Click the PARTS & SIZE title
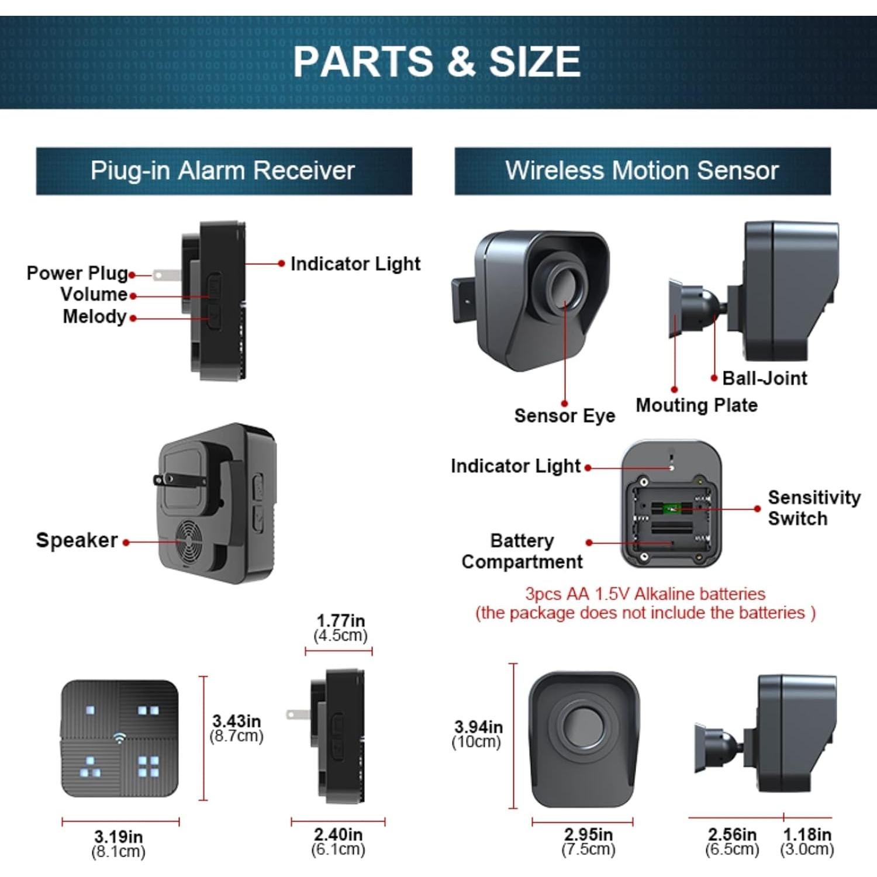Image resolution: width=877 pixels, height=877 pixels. point(437,61)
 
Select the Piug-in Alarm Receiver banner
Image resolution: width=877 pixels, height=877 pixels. point(223,171)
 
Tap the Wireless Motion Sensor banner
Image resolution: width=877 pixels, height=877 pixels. point(642,171)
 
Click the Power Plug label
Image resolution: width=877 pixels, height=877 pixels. point(77,273)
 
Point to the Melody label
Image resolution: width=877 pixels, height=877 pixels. point(95,317)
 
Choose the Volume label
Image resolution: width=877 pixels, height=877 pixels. point(94,294)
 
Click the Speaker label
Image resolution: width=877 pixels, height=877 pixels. point(77,540)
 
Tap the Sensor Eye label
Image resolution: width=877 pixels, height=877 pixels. point(565,416)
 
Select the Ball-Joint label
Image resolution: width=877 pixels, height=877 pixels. point(764,378)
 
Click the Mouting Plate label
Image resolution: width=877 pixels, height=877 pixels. point(696,405)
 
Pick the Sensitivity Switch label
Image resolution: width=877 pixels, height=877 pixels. point(813,507)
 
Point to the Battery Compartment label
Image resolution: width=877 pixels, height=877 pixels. point(522,551)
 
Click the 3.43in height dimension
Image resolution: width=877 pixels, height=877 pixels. point(236,728)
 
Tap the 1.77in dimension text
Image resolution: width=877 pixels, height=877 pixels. point(340,627)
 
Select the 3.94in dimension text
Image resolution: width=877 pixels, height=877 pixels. point(478,734)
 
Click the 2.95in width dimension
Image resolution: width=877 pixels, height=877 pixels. point(588,841)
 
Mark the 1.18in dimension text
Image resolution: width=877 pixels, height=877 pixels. point(807,841)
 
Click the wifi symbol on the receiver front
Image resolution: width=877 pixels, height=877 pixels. point(119,738)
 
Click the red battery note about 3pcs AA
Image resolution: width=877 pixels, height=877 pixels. point(645,603)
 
